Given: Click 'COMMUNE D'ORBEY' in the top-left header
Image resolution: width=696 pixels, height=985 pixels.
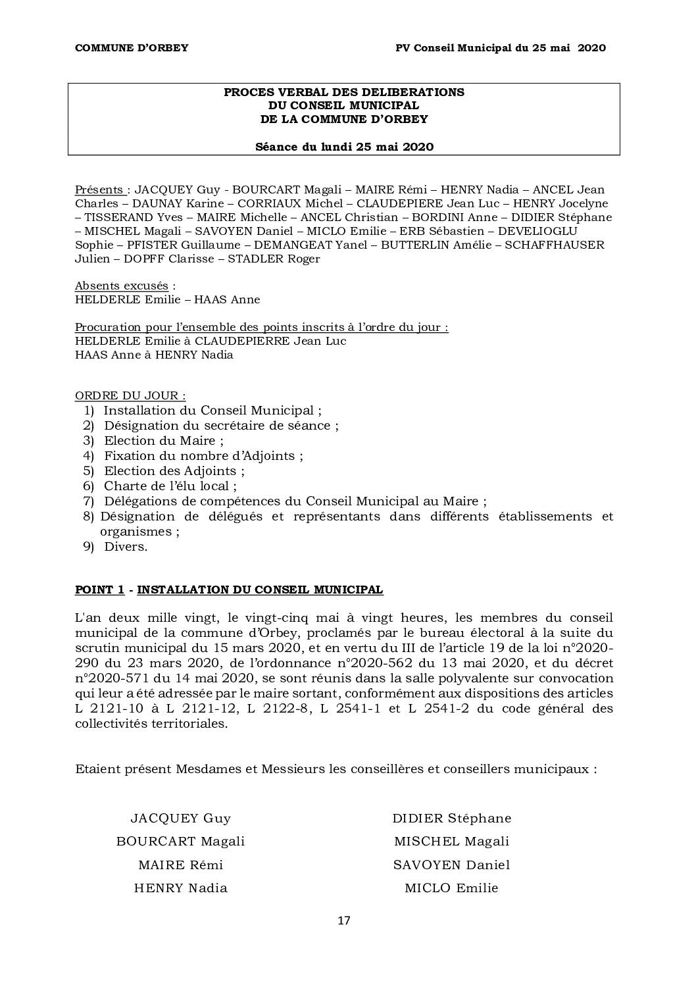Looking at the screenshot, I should pyautogui.click(x=132, y=47).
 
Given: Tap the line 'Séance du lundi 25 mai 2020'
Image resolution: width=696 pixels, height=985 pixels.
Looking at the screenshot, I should pyautogui.click(x=344, y=147).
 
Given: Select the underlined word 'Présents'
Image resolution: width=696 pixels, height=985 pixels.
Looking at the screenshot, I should pyautogui.click(x=99, y=189).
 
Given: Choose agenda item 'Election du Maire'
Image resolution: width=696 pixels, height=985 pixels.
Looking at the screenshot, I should pyautogui.click(x=163, y=441).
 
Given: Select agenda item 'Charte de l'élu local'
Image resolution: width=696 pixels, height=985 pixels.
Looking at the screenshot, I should pyautogui.click(x=169, y=486).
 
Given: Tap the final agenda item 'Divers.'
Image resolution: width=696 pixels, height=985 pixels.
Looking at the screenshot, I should pyautogui.click(x=126, y=547).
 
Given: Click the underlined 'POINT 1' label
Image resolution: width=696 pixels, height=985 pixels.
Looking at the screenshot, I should pyautogui.click(x=100, y=590).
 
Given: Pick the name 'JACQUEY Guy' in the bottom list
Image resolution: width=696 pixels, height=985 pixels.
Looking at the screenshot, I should pyautogui.click(x=180, y=819).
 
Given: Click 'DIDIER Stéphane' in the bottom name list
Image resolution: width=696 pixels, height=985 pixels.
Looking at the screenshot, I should pyautogui.click(x=451, y=819).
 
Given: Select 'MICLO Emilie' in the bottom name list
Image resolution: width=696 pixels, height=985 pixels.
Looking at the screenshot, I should pyautogui.click(x=451, y=888).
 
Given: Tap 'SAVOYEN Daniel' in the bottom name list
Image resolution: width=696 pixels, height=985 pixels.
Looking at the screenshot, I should pyautogui.click(x=451, y=865).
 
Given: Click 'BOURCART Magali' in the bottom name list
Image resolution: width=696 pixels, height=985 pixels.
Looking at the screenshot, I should pyautogui.click(x=180, y=842).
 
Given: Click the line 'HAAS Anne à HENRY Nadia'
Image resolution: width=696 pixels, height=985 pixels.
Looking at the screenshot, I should pyautogui.click(x=154, y=355).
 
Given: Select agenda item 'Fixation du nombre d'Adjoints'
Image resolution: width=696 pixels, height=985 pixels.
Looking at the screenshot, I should pyautogui.click(x=203, y=456).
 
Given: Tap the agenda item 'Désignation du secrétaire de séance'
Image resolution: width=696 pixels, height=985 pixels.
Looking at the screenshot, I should pyautogui.click(x=220, y=426).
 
